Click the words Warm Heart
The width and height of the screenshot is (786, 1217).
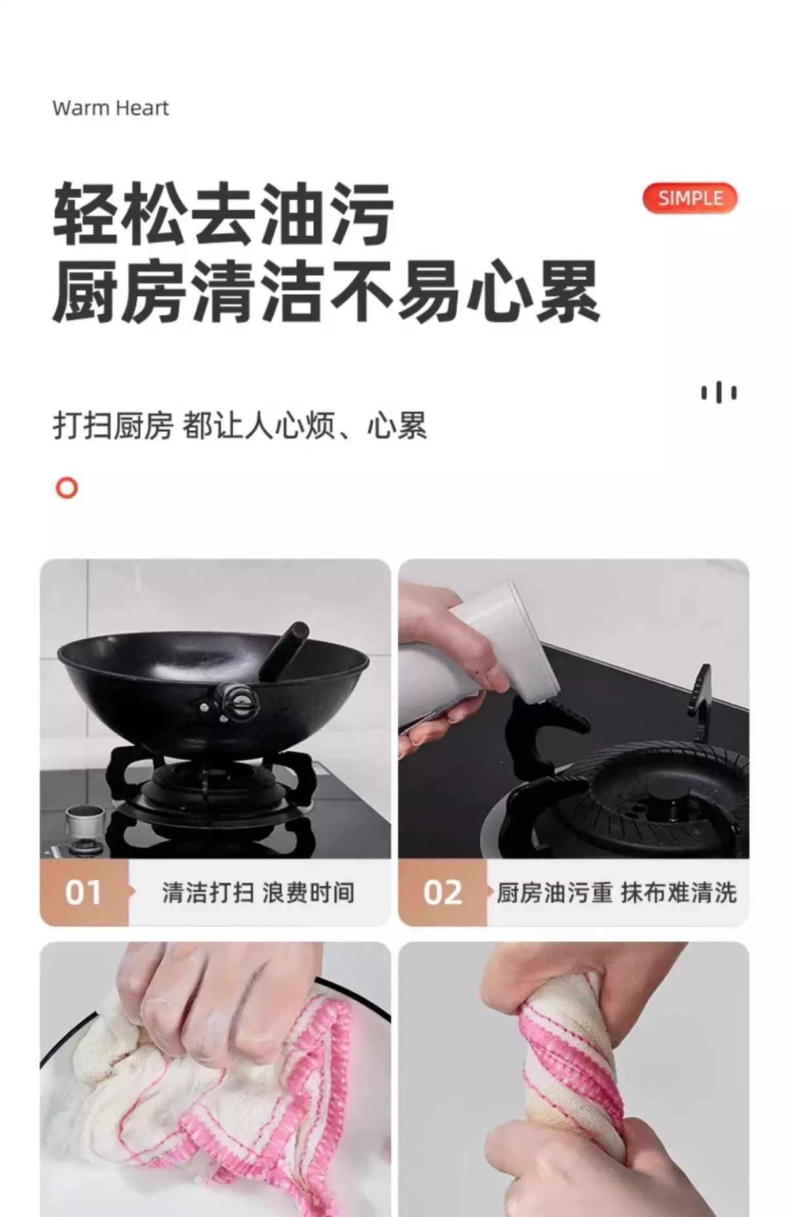click(x=110, y=108)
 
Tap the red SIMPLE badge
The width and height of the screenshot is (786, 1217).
click(x=690, y=198)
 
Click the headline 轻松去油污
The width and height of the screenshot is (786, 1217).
click(x=223, y=214)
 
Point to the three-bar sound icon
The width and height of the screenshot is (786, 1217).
click(x=719, y=392)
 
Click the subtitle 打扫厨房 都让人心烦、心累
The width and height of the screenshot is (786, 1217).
click(x=240, y=426)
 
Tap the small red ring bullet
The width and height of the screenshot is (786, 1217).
click(x=66, y=488)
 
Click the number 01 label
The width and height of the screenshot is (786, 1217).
click(x=83, y=893)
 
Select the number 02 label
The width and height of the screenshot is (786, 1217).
click(x=442, y=893)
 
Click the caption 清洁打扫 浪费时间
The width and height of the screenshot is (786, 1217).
click(x=258, y=893)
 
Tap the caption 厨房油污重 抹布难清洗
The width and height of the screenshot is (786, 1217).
click(x=616, y=893)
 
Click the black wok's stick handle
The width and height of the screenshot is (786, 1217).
click(x=284, y=652)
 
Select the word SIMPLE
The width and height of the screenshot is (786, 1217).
click(x=690, y=198)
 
